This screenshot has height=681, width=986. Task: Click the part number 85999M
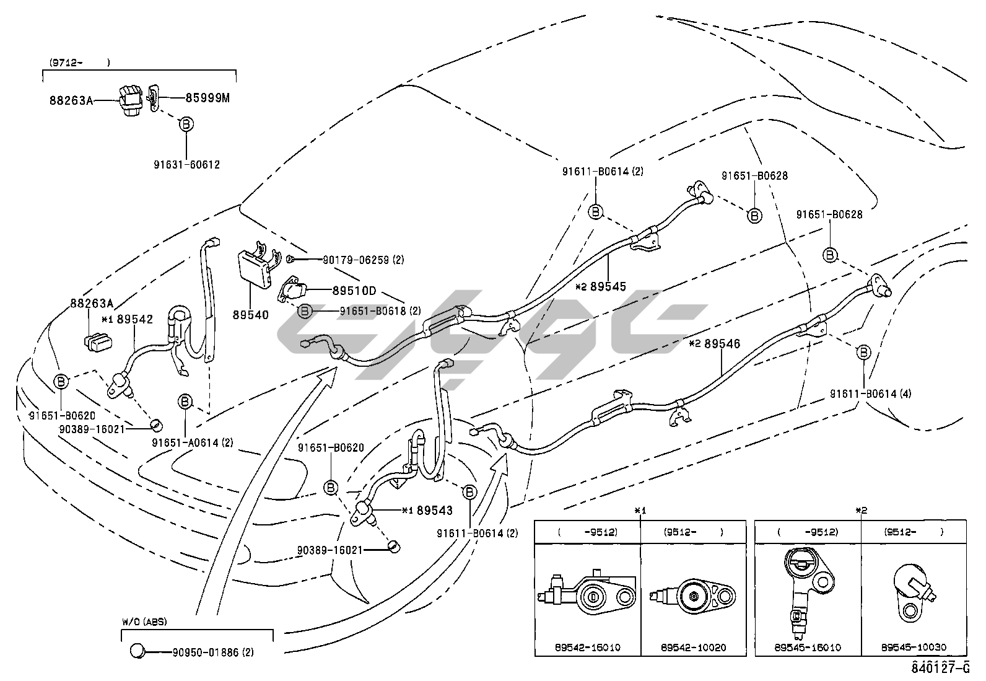tap(208, 97)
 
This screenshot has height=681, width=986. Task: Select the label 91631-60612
tap(186, 165)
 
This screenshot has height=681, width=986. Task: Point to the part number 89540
tap(251, 315)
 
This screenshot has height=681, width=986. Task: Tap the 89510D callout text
tap(354, 290)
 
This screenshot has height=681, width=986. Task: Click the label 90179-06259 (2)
tap(363, 260)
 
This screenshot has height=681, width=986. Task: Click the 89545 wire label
tap(608, 287)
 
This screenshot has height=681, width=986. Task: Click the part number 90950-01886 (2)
tap(213, 652)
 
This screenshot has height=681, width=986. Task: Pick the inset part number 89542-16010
tap(588, 648)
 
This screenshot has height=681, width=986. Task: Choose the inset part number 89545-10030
tap(914, 648)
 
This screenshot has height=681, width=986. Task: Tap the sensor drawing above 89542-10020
tap(691, 597)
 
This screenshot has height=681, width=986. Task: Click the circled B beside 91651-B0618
tap(305, 311)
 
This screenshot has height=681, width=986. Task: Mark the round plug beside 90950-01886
tap(137, 651)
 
